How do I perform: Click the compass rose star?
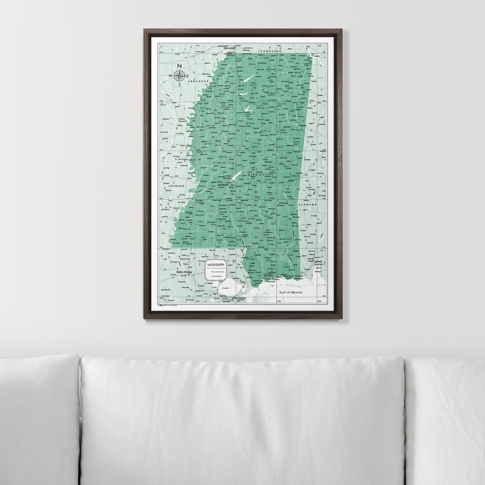179,76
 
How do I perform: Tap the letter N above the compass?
180,66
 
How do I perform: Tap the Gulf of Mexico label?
291,292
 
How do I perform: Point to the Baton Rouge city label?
184,272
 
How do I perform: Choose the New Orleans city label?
239,298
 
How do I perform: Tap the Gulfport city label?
276,279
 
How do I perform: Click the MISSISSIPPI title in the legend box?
216,265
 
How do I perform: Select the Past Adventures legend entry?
218,272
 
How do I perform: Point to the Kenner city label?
223,296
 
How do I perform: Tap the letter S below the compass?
179,85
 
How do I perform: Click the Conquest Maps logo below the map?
163,305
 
